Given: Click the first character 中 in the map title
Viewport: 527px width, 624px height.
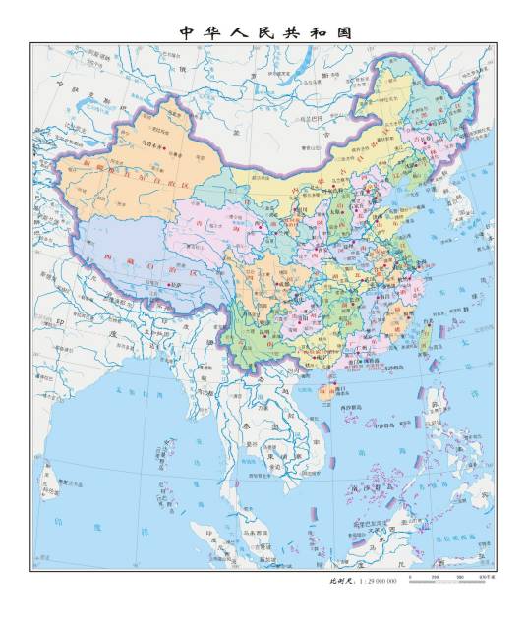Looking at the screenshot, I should coord(185,32).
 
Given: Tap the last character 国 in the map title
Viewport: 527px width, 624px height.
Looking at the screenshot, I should coord(342,32).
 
